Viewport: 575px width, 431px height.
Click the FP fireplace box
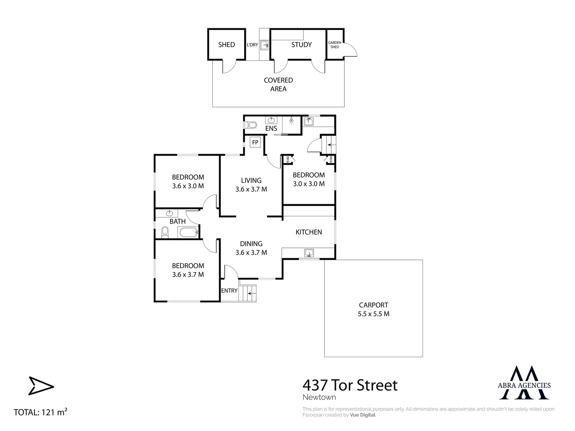255,142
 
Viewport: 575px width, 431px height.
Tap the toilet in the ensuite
250,125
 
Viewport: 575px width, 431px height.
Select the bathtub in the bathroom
188,232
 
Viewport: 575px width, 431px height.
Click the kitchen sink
309,253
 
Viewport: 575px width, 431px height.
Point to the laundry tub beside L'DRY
265,45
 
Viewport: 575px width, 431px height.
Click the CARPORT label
373,305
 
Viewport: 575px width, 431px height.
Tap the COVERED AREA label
278,85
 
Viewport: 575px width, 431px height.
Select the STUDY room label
301,45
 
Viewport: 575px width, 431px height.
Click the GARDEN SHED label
334,45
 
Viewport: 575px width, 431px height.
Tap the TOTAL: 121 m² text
40,412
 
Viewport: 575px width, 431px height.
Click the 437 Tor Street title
350,385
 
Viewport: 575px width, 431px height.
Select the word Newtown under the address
319,397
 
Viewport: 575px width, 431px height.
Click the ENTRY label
229,291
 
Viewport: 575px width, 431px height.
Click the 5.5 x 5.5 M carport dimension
373,314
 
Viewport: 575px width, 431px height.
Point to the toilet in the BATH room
165,232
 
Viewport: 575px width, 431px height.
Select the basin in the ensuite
271,120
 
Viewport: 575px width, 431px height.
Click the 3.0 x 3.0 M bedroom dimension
308,184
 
